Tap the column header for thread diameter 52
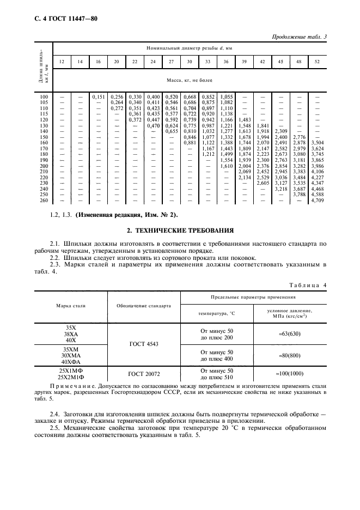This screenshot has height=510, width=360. click(316, 62)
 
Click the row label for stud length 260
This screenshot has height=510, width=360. click(44, 201)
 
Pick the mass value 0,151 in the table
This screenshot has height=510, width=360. click(98, 96)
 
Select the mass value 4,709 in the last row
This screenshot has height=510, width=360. click(316, 201)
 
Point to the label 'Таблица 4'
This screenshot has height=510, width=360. click(307, 284)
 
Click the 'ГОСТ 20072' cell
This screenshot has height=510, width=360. click(144, 373)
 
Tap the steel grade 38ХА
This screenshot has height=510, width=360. click(71, 333)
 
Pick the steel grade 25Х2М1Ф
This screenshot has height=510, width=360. click(71, 377)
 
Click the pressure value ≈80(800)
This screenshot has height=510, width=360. click(289, 356)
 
